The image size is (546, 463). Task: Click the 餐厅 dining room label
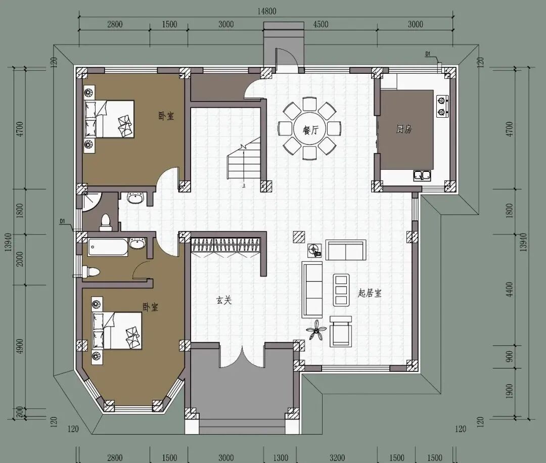coord(310,130)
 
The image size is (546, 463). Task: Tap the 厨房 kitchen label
coord(404,129)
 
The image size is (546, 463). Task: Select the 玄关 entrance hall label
coord(224,300)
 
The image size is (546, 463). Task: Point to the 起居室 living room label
coord(370,293)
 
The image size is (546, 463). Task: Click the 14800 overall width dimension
coord(267,12)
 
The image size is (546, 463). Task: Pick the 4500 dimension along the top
coord(321,24)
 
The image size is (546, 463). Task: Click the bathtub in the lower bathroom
coord(108,247)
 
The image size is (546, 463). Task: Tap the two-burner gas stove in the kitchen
coord(442,106)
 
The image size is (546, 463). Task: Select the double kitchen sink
coord(422,175)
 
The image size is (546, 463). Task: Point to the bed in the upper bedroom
coord(109,119)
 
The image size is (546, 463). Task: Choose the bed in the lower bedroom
coord(117,331)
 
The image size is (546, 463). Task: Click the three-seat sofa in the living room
coord(312,290)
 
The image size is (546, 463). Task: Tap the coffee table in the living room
coord(341,290)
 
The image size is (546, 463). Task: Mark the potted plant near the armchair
coord(316,330)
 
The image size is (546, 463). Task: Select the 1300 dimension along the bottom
coord(280,457)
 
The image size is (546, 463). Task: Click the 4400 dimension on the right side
coord(509,289)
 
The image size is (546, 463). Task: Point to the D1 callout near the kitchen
coord(428,54)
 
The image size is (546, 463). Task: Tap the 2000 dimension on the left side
coord(20,259)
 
